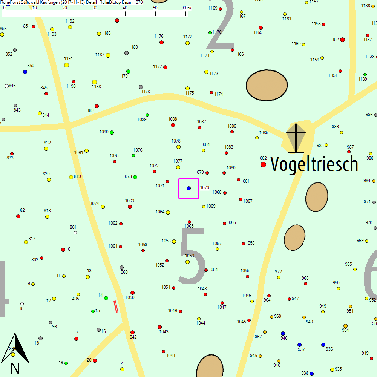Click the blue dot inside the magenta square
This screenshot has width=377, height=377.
[188, 188]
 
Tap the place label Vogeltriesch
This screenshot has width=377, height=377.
[314, 164]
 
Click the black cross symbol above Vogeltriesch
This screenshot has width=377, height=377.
[296, 138]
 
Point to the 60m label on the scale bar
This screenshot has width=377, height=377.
[187, 8]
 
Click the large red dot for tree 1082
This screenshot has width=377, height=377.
[263, 164]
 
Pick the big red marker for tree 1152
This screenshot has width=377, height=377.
[342, 40]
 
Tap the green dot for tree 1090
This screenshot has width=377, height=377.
[112, 132]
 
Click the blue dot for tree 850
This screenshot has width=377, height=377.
[25, 72]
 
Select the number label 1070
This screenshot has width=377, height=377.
[204, 187]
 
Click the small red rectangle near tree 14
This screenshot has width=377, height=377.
[116, 307]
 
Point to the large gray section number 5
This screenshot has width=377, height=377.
[193, 256]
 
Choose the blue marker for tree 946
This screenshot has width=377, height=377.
[283, 333]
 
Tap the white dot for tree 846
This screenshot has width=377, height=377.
[6, 86]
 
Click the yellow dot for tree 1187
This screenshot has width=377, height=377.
[108, 55]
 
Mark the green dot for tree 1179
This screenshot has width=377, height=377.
[128, 71]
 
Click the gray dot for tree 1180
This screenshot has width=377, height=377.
[127, 53]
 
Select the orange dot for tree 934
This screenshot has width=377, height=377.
[345, 326]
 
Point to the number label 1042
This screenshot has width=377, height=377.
[132, 337]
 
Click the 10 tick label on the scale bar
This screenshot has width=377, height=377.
[35, 8]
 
